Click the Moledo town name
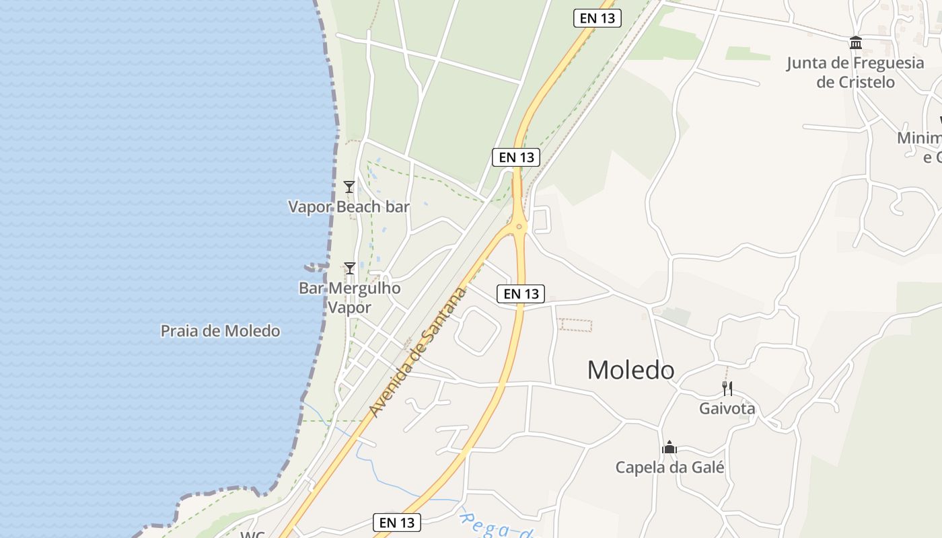pos(630,370)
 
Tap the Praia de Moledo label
pos(220,331)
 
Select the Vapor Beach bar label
pos(349,206)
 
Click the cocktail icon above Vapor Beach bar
pos(349,187)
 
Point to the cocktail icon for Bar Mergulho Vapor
pos(349,268)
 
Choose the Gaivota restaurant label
pos(727,409)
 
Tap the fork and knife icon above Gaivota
pos(727,389)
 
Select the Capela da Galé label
pos(669,467)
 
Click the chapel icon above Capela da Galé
pos(669,447)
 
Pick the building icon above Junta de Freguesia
pos(856,43)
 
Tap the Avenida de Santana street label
pos(418,352)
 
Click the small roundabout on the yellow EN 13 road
pos(518,226)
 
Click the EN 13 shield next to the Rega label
pos(397,523)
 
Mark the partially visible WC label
pos(252,535)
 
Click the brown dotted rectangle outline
pos(576,325)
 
